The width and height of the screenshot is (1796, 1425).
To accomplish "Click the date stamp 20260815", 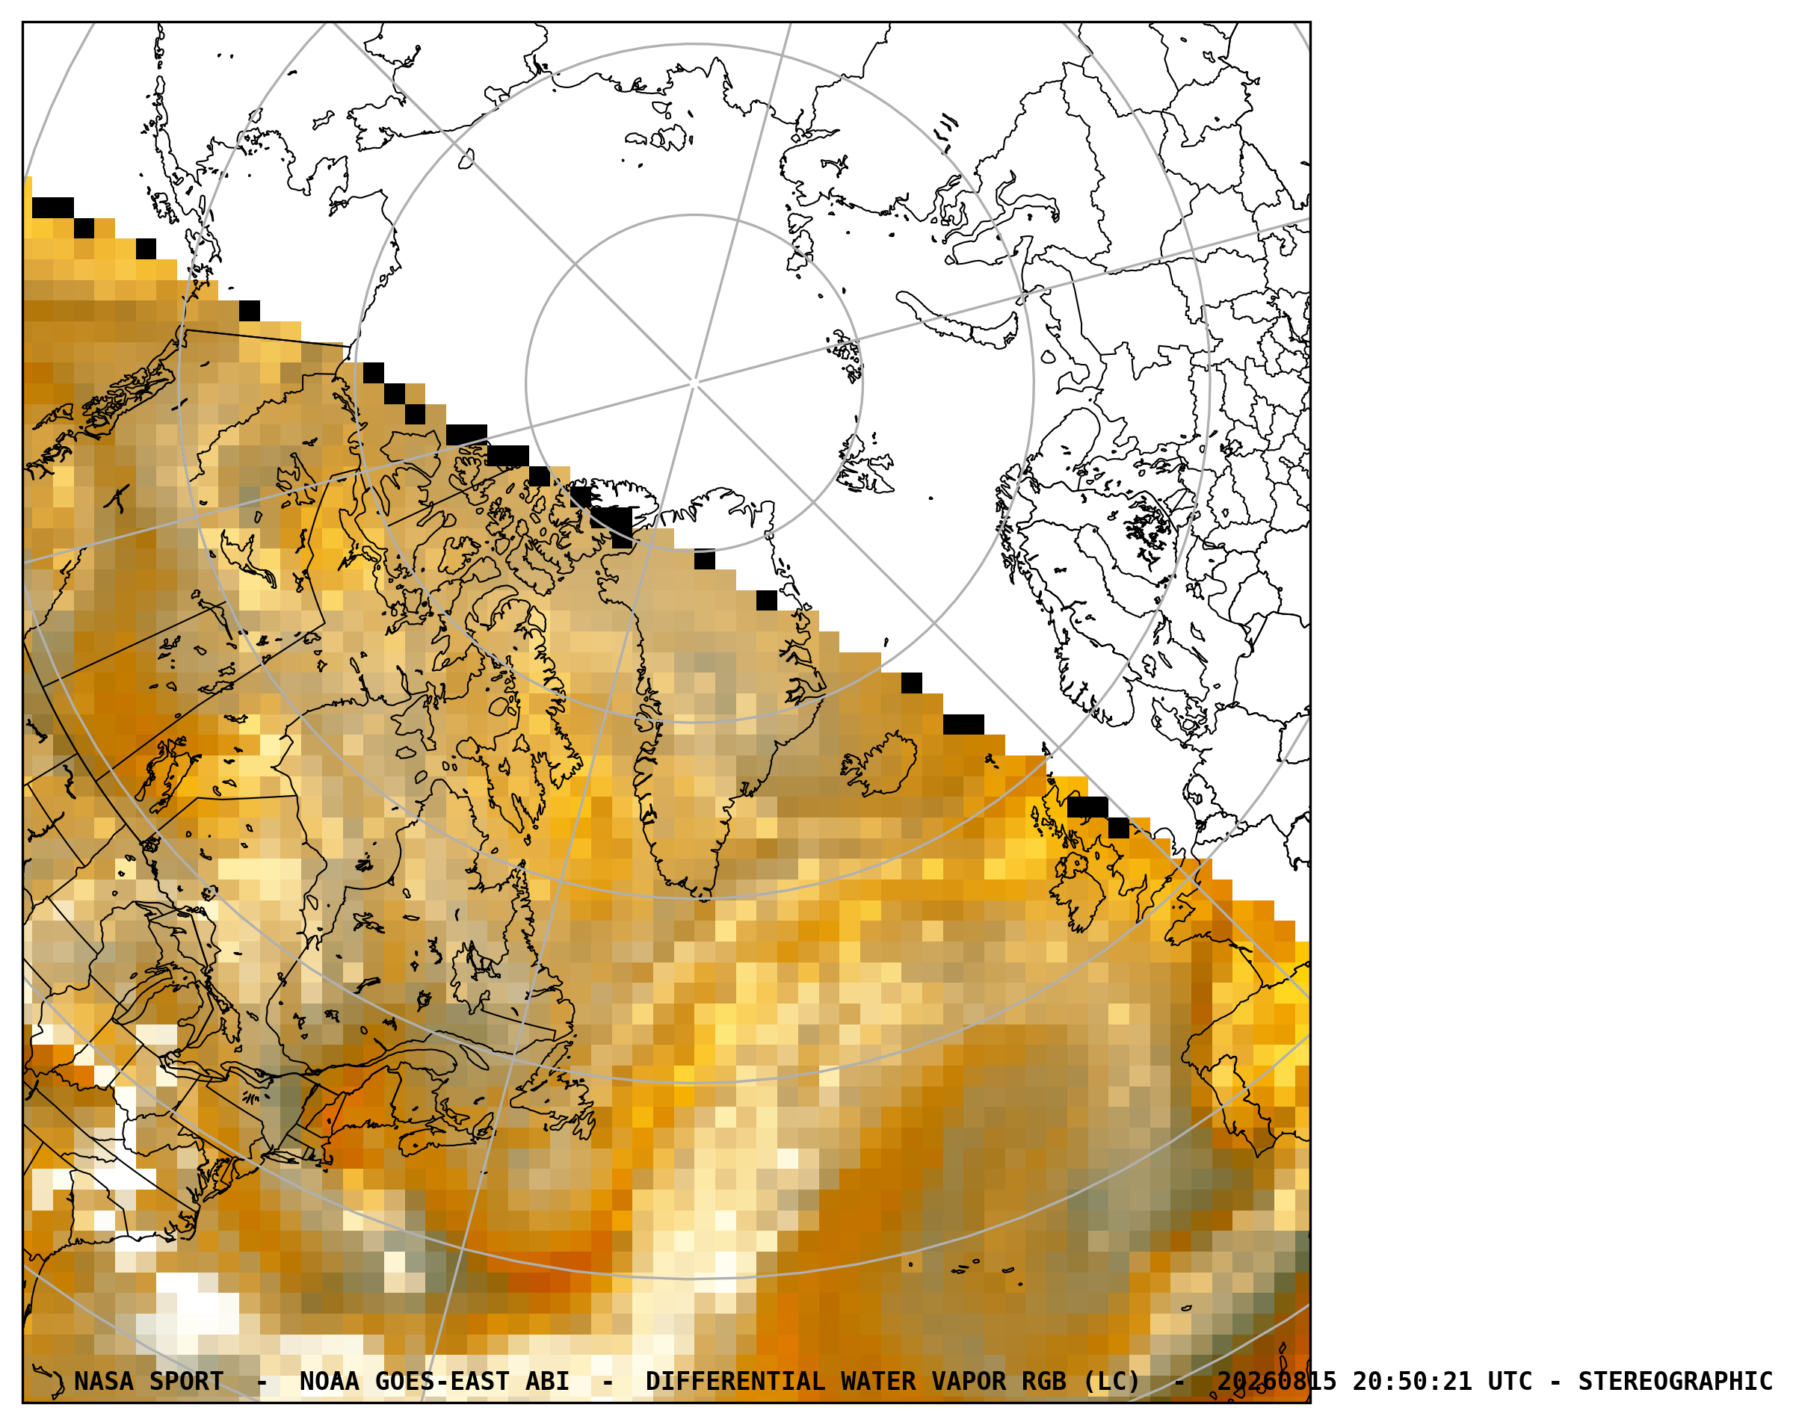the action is pyautogui.click(x=1277, y=1381).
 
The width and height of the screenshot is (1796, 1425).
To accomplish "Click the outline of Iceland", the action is pyautogui.click(x=880, y=764).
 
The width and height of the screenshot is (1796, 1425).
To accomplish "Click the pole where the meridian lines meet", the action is pyautogui.click(x=694, y=383).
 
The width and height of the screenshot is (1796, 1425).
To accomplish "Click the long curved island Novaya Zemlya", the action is pyautogui.click(x=958, y=321).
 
